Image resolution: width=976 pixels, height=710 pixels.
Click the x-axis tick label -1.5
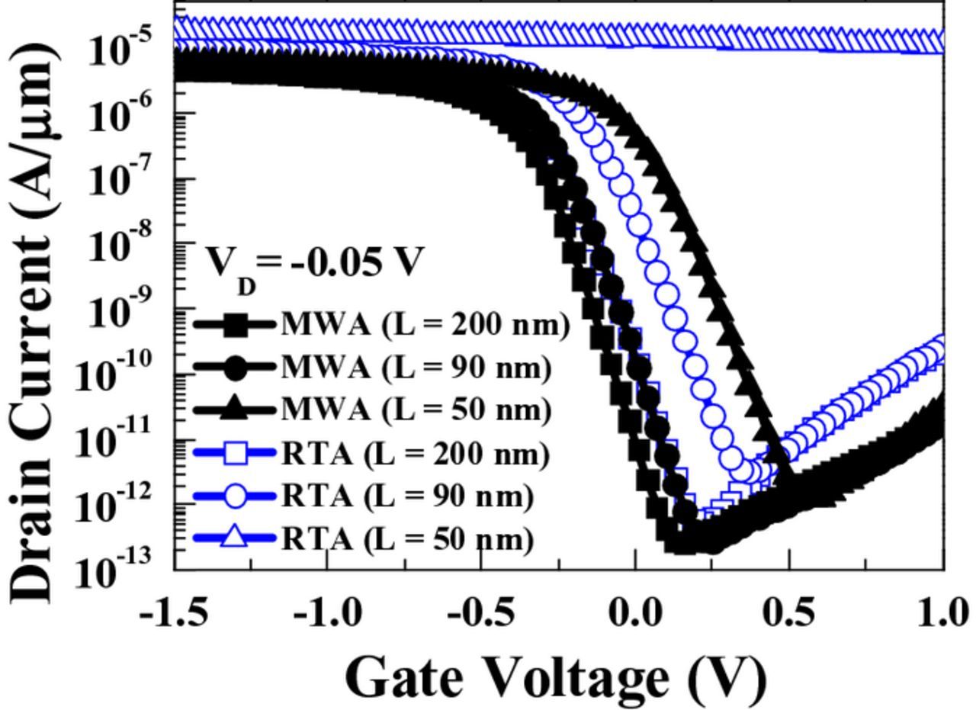[174, 612]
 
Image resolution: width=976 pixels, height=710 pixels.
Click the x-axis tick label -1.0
[328, 612]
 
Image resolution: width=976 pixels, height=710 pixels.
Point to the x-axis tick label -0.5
[481, 612]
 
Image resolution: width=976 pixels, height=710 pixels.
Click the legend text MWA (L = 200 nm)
[425, 325]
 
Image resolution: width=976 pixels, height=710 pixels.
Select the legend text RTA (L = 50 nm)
[407, 539]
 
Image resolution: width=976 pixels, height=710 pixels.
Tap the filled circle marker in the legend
[236, 368]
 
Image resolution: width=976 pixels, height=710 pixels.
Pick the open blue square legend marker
[236, 454]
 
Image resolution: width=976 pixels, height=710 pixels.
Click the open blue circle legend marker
[236, 496]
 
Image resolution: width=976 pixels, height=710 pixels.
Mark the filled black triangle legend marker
[236, 410]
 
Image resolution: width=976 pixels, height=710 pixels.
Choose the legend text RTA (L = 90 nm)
[407, 496]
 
